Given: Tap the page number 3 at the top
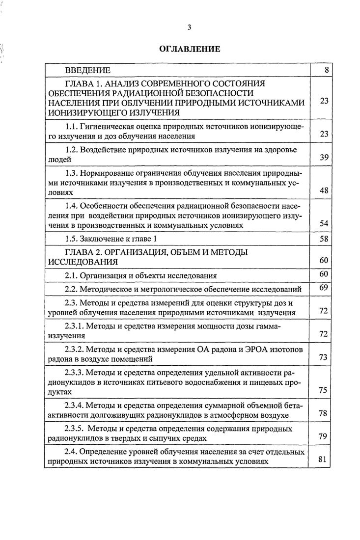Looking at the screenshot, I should [189, 27].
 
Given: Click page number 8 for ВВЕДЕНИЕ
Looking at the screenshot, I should [327, 70].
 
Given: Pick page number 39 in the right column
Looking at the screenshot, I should [324, 158].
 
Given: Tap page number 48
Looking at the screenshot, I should [324, 190].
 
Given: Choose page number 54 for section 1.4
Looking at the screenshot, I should [324, 223].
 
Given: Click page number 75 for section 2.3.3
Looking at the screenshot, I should [324, 390].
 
